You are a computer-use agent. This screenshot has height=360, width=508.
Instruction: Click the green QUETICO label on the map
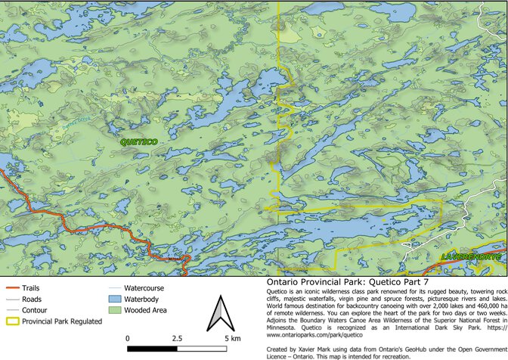point(138,141)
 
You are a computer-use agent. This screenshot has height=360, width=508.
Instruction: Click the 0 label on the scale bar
point(128,337)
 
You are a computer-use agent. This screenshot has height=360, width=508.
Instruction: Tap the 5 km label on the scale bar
point(233,337)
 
